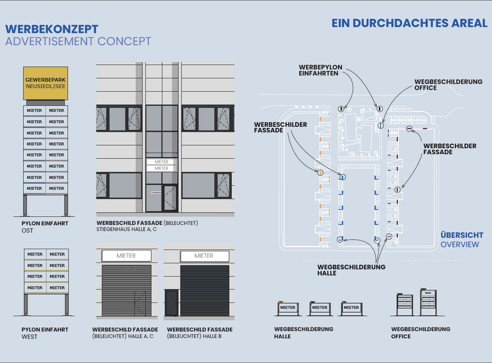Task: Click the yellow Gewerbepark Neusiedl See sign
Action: (x=45, y=83)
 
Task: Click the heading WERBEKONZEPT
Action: (x=52, y=29)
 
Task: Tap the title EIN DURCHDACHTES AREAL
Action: (x=409, y=23)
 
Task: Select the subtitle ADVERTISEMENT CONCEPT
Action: (x=78, y=41)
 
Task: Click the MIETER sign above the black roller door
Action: (x=204, y=256)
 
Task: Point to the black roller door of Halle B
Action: (x=205, y=290)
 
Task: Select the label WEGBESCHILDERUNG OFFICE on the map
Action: (x=448, y=85)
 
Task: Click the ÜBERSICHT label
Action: (x=462, y=235)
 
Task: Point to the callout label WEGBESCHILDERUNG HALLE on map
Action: (x=351, y=270)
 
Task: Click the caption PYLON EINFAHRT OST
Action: (x=45, y=227)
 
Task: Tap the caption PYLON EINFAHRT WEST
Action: (x=45, y=333)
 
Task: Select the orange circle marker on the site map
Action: (x=320, y=172)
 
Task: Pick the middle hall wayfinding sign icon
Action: (x=320, y=308)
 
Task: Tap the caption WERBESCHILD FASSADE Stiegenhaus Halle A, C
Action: (x=147, y=226)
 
